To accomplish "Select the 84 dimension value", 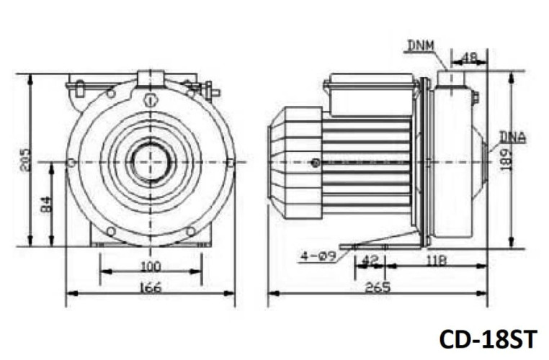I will [45, 204].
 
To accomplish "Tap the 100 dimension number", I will [150, 266].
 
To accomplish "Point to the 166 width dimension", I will [150, 288].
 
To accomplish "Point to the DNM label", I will [419, 46].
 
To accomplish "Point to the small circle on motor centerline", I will [316, 163].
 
